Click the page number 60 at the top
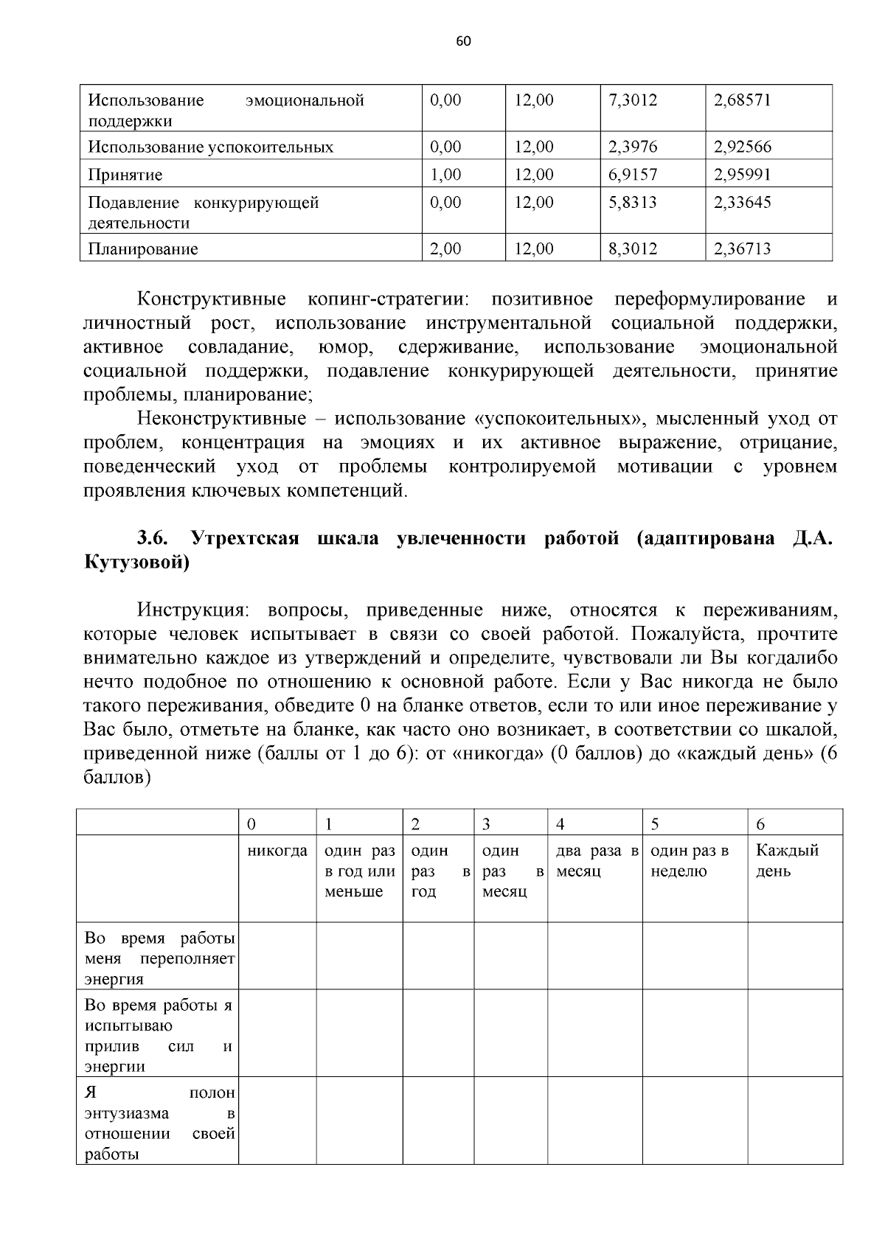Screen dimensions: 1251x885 [x=463, y=41]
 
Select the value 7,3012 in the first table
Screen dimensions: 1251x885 [x=632, y=100]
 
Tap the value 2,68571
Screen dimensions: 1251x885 [x=741, y=100]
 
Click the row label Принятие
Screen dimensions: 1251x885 [x=125, y=175]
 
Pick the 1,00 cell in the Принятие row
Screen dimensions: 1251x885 [x=445, y=175]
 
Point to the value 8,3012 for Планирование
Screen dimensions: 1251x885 [x=632, y=249]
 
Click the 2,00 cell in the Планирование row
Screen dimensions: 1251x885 [x=445, y=249]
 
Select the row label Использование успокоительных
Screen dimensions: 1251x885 [x=210, y=147]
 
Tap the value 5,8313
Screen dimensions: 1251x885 [x=632, y=202]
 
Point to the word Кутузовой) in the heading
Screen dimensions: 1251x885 [x=137, y=562]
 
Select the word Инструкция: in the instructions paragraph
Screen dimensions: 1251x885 [x=192, y=610]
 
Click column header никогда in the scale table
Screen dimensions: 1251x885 [x=277, y=851]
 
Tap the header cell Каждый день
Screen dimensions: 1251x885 [x=787, y=860]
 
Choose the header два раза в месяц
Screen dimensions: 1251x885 [x=596, y=860]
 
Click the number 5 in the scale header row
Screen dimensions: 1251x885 [x=655, y=823]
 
